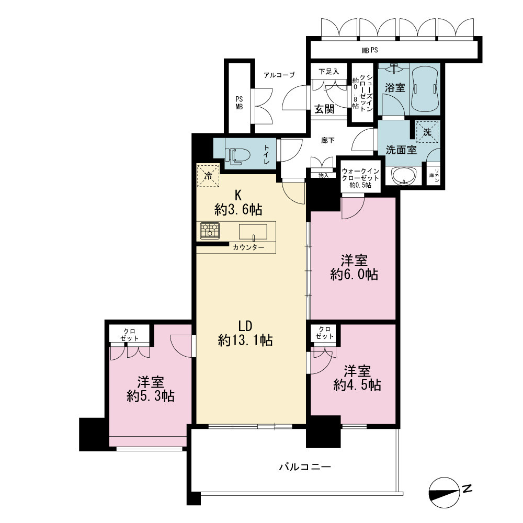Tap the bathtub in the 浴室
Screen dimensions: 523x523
coord(425,89)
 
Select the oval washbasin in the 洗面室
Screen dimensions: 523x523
coord(404,175)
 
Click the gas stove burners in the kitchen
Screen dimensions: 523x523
coord(210,231)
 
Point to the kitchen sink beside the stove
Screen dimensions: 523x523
coord(253,232)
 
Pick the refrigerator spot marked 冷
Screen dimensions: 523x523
coord(208,175)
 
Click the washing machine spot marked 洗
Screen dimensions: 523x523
coord(427,132)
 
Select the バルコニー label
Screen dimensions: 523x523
coord(305,467)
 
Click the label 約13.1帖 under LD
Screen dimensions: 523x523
coord(245,340)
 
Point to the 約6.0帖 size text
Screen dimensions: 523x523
coord(354,275)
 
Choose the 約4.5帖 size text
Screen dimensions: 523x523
coord(357,385)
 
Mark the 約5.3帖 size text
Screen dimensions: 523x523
coord(151,396)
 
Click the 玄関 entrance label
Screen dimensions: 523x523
coord(324,109)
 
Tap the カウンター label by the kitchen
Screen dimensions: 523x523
coord(248,247)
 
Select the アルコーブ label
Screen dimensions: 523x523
coord(279,75)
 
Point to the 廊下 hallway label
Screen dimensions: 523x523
coord(327,140)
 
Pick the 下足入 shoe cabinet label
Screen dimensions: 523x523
coord(328,71)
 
